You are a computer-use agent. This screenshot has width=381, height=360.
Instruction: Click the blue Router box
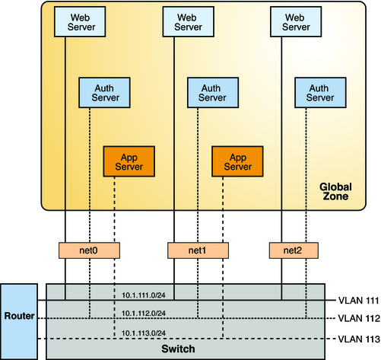tap(17, 314)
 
